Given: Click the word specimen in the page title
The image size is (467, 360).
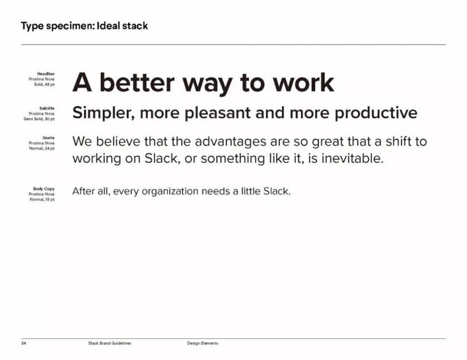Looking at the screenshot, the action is [x=70, y=26].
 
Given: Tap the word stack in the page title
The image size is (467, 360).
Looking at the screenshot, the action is [x=135, y=26].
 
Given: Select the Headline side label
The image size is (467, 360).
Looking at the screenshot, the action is [x=46, y=73].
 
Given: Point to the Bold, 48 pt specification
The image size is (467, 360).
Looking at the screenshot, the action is [x=44, y=84].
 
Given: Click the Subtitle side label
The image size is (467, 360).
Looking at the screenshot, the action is [x=47, y=108].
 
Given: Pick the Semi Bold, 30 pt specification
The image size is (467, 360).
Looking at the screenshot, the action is [x=39, y=119].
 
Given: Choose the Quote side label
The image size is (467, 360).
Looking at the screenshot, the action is [x=48, y=137].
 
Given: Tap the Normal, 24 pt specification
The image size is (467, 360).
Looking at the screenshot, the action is [x=42, y=148].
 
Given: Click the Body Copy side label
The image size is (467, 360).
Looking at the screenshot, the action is [x=44, y=189].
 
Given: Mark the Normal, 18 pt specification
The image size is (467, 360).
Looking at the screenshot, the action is [x=42, y=199].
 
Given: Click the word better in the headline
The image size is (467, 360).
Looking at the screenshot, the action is [x=137, y=82].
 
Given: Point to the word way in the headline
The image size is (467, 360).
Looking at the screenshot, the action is [x=207, y=85].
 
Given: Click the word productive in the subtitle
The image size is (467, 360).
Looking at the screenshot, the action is [x=376, y=113].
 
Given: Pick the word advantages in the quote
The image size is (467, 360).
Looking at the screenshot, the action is [x=230, y=142].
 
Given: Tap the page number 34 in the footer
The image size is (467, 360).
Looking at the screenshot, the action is [x=23, y=343].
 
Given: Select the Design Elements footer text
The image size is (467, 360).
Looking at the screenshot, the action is [x=202, y=343].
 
